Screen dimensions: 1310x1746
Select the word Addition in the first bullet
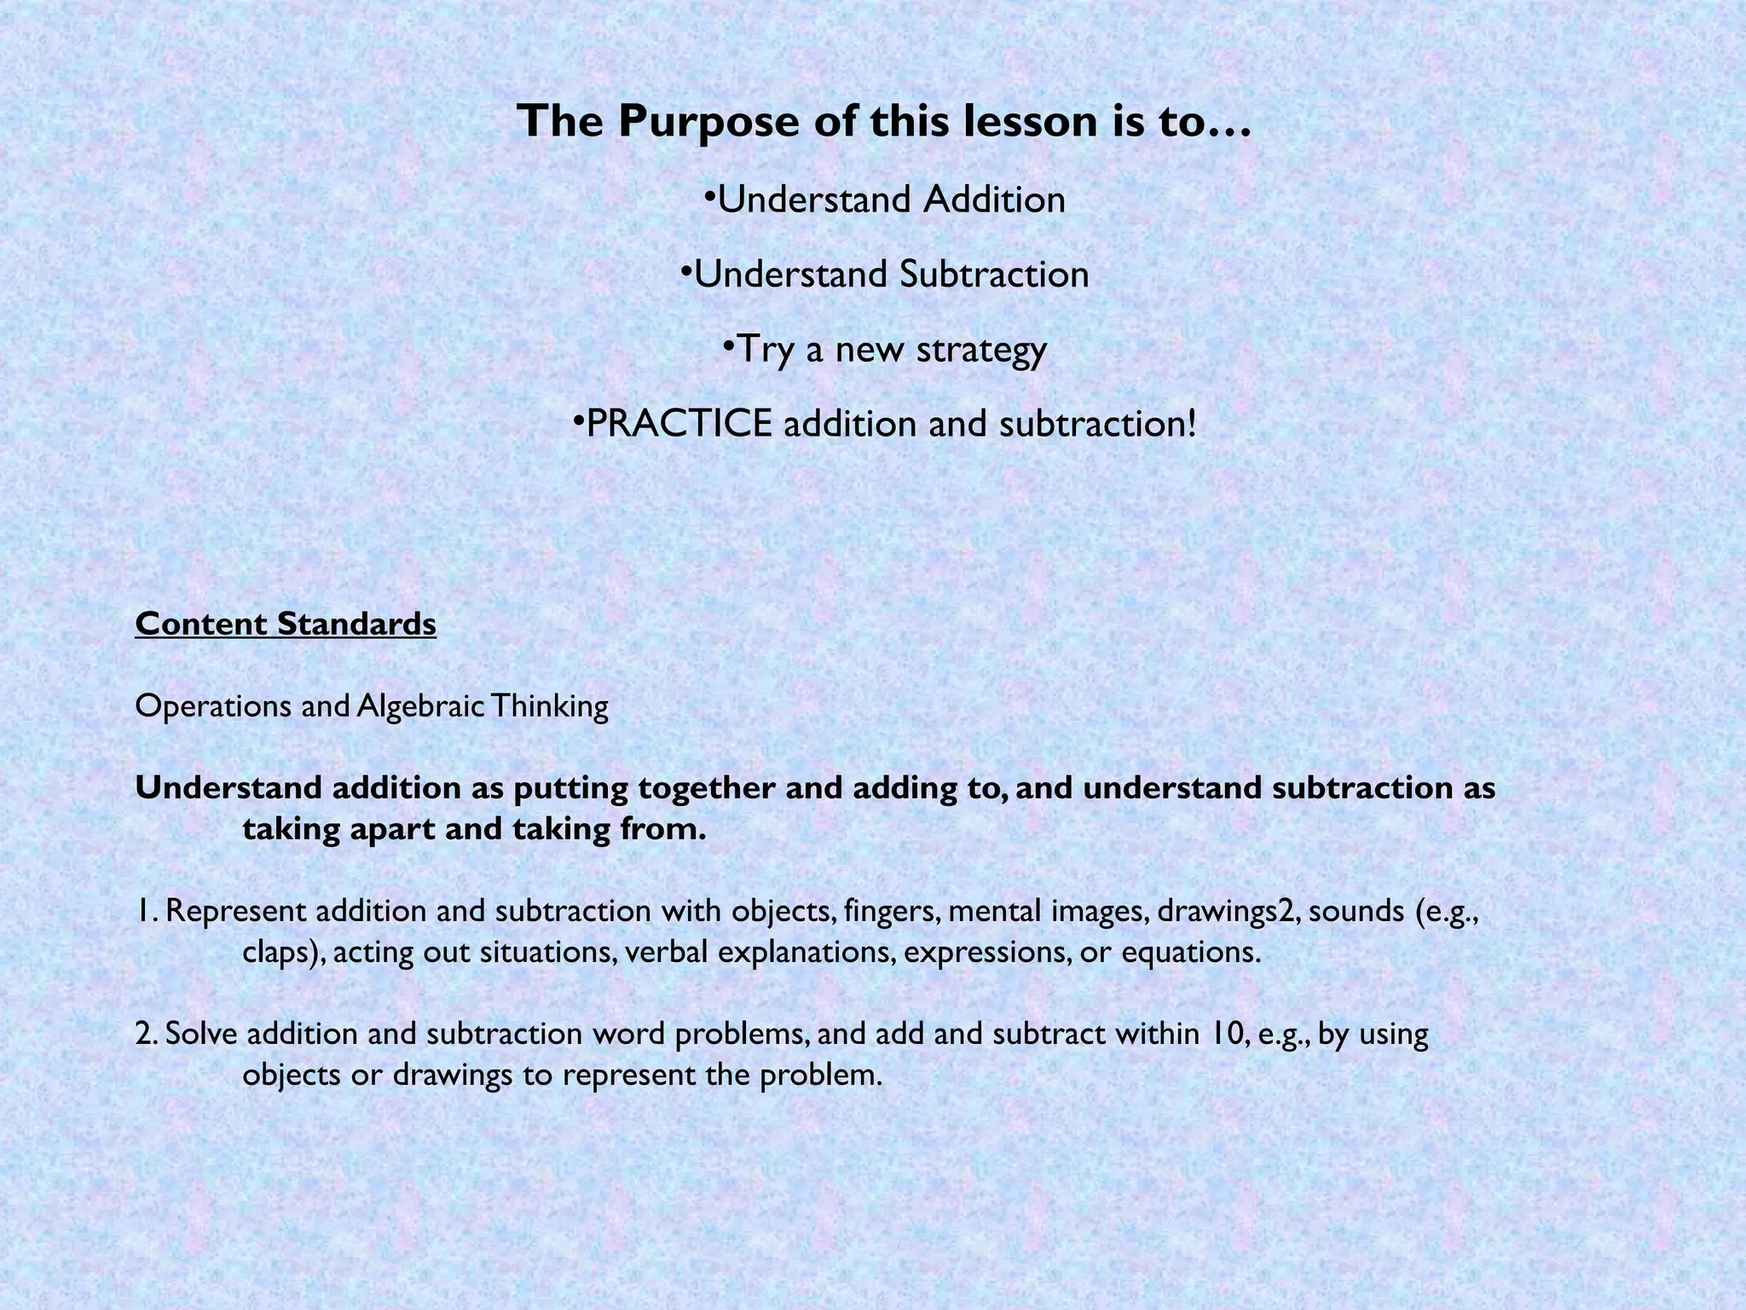(x=994, y=200)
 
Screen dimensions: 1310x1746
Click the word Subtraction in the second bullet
(x=993, y=275)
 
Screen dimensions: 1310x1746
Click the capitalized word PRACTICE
(x=679, y=424)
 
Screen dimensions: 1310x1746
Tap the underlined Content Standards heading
(x=286, y=623)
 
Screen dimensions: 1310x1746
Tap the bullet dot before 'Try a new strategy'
(x=727, y=345)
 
